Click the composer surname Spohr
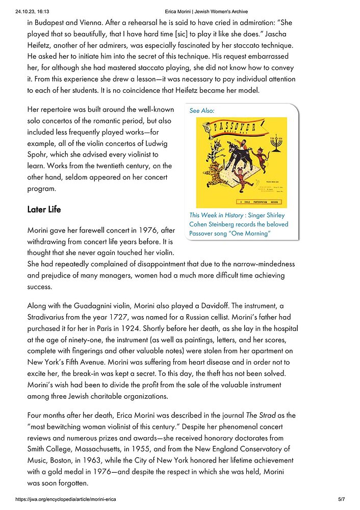pos(38,154)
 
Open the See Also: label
pos(202,110)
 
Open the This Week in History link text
pos(216,215)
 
